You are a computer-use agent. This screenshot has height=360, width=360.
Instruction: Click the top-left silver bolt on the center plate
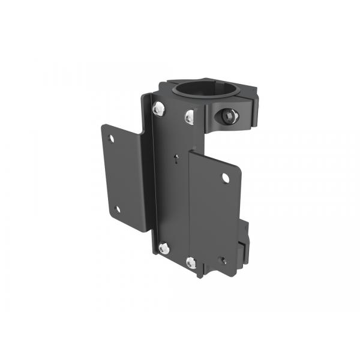(159, 109)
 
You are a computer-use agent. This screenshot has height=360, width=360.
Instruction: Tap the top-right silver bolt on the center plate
(190, 118)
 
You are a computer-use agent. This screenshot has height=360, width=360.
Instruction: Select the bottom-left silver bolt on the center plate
(164, 247)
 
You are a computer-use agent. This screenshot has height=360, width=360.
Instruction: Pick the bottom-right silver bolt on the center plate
(191, 262)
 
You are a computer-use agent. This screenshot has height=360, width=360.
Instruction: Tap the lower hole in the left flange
(117, 209)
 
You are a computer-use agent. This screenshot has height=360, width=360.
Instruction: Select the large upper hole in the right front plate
(225, 178)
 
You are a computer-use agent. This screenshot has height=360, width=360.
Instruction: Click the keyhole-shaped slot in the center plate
(174, 160)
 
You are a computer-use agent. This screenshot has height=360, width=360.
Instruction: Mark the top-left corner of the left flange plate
(103, 126)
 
